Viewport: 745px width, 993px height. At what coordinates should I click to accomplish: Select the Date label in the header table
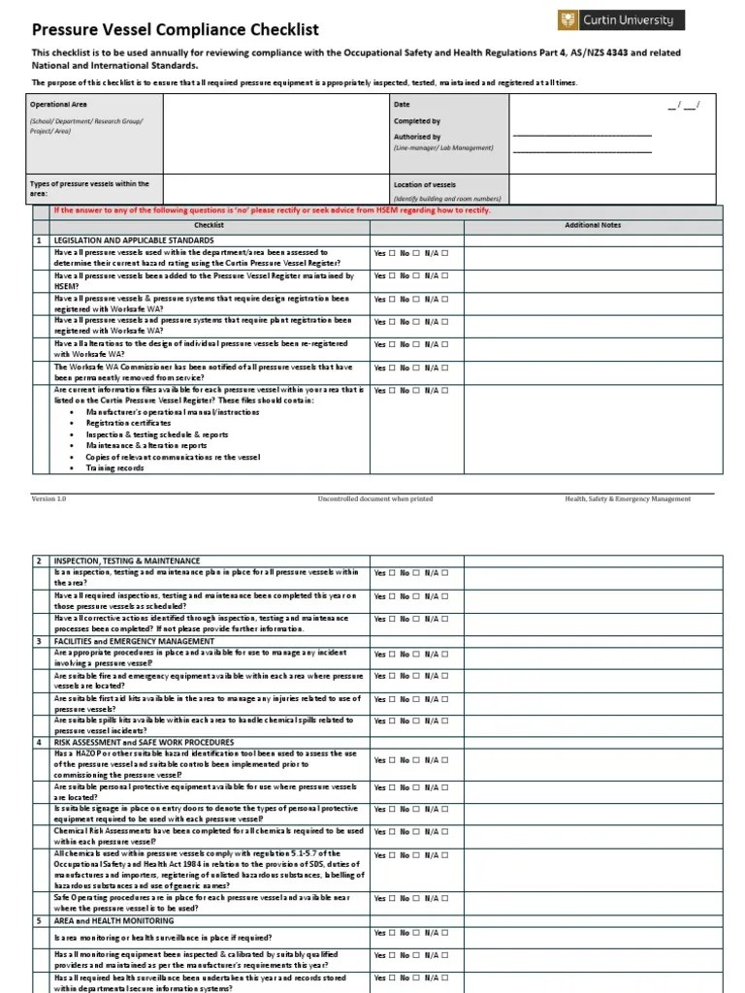402,104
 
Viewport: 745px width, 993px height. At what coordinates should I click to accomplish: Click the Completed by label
417,121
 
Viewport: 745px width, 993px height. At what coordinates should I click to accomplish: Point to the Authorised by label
417,137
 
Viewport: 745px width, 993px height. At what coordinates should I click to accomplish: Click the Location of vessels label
425,184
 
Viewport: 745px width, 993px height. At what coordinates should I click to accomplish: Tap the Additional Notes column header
593,225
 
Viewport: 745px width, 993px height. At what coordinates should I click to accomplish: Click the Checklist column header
209,225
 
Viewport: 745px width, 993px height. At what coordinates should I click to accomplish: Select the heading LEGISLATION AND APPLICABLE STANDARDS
134,240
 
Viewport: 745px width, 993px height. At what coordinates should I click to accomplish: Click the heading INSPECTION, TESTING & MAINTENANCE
127,561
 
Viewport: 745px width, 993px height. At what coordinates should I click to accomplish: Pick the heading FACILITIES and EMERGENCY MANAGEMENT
134,641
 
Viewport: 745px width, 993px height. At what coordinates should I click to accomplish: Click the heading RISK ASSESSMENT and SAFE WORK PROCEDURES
144,742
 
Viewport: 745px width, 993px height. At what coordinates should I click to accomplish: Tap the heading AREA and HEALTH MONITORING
109,919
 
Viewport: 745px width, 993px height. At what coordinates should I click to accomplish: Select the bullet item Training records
114,467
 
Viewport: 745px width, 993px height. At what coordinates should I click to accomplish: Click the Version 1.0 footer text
49,498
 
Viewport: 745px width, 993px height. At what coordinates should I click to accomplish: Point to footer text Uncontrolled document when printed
374,498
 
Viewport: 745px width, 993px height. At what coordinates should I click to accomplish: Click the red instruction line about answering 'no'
272,210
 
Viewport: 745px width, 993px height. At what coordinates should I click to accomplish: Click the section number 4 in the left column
40,742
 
